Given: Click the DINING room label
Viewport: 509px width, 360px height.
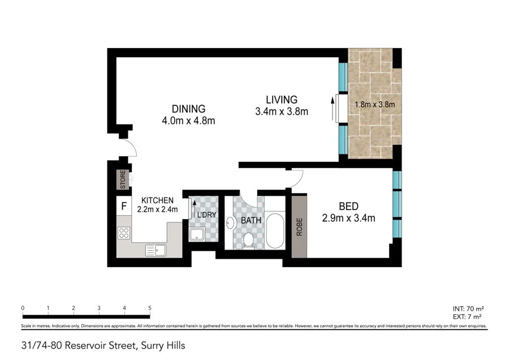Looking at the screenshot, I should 189,109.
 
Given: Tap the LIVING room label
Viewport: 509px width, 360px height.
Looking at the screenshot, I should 282,100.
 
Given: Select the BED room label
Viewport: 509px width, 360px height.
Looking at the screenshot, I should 348,206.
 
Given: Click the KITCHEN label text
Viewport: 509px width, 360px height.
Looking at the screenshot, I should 157,200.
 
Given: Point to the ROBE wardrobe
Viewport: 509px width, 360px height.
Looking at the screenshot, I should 299,226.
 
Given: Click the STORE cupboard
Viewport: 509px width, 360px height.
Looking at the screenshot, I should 122,180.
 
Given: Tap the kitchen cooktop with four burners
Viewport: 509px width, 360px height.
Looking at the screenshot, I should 123,233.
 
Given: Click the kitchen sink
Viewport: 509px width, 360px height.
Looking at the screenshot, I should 155,250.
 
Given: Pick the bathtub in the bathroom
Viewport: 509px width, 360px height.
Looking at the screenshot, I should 275,230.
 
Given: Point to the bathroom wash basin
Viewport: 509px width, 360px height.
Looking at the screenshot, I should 230,222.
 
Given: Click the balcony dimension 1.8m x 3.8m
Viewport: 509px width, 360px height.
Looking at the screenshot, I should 374,104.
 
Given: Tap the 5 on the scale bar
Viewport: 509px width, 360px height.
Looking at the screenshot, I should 150,308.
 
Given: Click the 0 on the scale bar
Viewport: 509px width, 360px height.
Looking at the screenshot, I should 23,308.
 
